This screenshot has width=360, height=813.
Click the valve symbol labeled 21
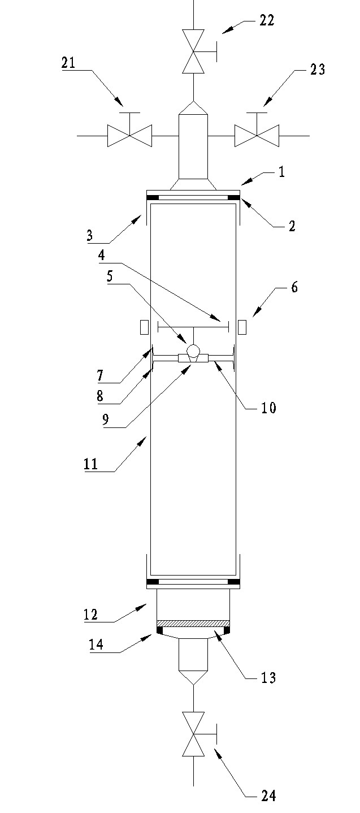[x=129, y=136]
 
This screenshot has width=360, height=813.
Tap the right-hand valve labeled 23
[x=257, y=136]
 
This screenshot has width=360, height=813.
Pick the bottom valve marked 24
[x=193, y=741]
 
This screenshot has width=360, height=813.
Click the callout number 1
[x=281, y=172]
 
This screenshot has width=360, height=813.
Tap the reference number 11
[x=90, y=465]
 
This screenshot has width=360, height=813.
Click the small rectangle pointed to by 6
[x=242, y=327]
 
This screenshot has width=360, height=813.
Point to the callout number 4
[x=101, y=255]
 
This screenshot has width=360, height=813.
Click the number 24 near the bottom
[x=268, y=796]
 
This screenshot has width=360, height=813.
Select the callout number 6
[x=294, y=287]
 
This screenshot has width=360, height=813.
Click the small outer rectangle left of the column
[x=144, y=327]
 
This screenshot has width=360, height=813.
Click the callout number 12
[x=90, y=615]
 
